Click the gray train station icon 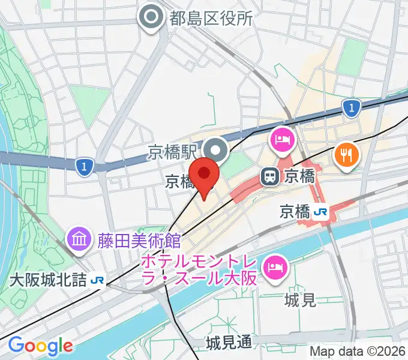(x=270, y=176)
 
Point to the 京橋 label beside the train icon (x=299, y=176)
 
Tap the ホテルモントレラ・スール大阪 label (x=199, y=270)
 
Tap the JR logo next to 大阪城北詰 (x=97, y=280)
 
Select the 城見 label (x=301, y=299)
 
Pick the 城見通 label (x=229, y=343)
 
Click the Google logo (x=40, y=346)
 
